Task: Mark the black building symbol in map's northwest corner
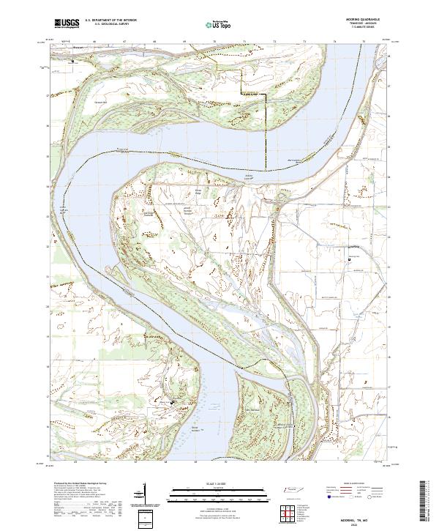(x=72, y=62)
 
